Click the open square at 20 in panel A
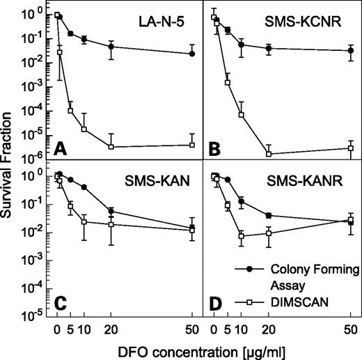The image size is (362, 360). (111, 146)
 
